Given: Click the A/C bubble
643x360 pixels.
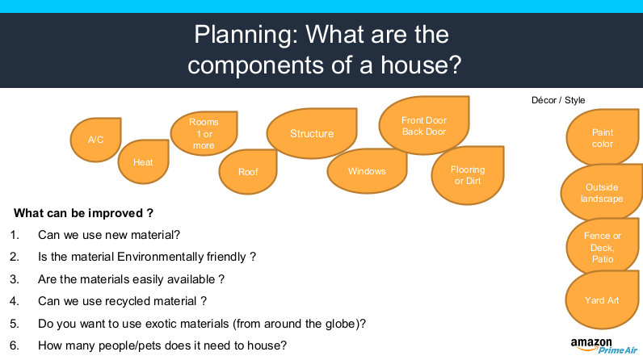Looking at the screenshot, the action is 95,140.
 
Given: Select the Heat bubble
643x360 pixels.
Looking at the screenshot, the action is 143,161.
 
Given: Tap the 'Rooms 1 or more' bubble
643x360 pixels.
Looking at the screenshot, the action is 204,133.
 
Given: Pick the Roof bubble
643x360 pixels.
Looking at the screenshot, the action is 248,172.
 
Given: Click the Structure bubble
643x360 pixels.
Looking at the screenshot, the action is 312,133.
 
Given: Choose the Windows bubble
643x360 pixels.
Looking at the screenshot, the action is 367,171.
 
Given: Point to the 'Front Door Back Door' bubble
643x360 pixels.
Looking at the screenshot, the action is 424,126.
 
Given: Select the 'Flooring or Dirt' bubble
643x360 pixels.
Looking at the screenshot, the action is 468,175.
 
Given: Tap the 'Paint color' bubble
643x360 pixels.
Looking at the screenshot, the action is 603,137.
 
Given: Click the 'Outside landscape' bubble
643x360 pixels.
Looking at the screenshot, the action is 602,192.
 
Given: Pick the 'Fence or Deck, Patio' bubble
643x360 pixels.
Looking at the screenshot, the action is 603,247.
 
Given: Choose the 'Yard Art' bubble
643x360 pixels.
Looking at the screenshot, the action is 602,299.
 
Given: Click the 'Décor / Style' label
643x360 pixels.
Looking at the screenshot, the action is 558,100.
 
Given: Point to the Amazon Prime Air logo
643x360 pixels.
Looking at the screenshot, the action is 603,346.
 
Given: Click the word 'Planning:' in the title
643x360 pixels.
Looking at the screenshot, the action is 246,35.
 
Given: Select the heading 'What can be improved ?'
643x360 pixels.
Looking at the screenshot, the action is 83,213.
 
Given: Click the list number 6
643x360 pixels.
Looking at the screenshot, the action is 15,345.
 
